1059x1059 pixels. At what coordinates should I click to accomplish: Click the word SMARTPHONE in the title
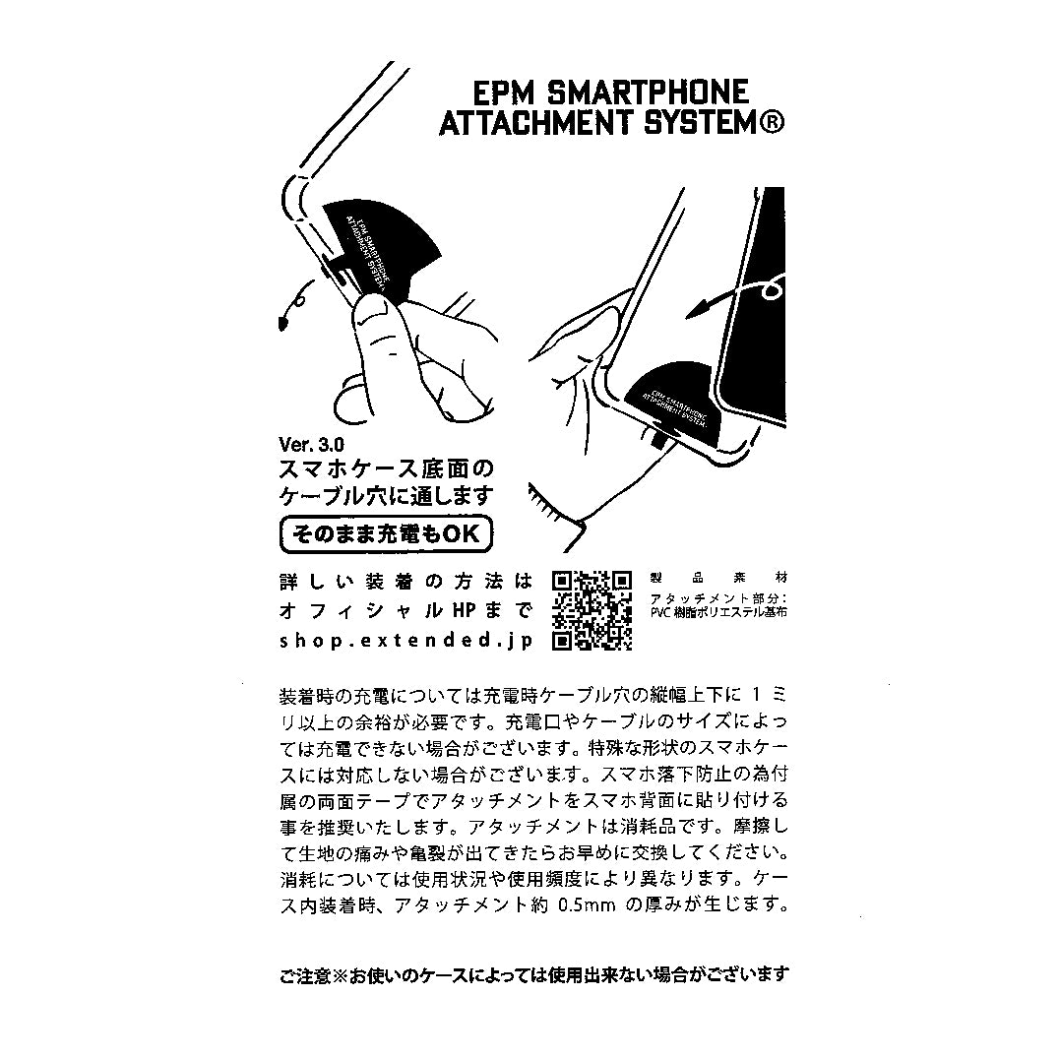pos(646,93)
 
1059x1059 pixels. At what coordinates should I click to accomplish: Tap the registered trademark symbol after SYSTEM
pos(771,125)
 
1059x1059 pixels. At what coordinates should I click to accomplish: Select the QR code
pos(591,610)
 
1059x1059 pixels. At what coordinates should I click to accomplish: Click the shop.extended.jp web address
pos(405,640)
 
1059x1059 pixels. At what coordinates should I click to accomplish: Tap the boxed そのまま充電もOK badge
pos(386,534)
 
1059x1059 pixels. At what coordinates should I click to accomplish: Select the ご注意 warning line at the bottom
pos(533,974)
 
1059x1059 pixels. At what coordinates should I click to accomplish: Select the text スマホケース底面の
pos(385,467)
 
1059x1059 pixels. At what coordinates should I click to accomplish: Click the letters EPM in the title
pos(504,93)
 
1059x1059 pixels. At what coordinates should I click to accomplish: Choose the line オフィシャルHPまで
pos(405,610)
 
